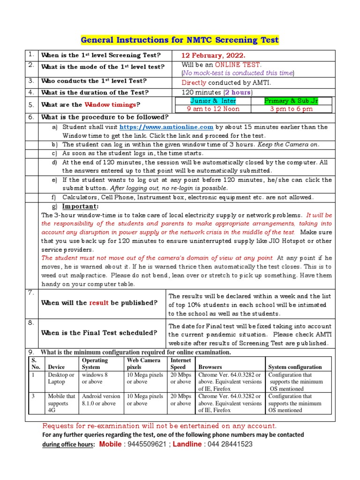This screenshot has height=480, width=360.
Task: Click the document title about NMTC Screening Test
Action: [180, 40]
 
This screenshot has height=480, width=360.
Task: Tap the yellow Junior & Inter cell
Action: [213, 101]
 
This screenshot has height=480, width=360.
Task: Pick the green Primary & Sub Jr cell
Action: [291, 101]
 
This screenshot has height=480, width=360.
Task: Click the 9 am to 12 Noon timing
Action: [213, 109]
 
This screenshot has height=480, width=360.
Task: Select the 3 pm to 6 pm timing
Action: [291, 109]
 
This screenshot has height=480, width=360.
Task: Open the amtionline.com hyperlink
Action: [166, 127]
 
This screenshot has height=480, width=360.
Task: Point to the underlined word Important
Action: [81, 207]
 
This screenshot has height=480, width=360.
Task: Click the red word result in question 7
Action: [99, 303]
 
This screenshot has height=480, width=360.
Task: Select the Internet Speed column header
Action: [180, 363]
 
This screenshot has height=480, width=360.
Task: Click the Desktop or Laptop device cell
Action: [61, 378]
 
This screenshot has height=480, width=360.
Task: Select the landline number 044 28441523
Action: [231, 444]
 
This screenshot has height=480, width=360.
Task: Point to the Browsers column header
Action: [210, 367]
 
